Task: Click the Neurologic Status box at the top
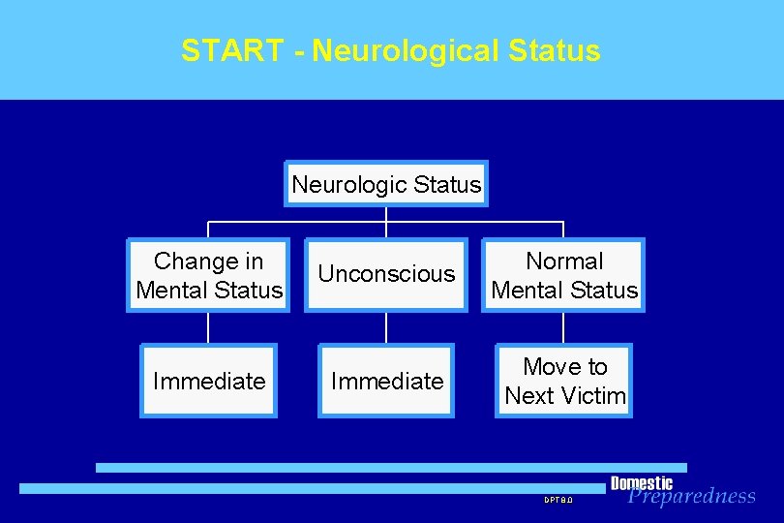click(386, 184)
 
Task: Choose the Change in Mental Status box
click(209, 275)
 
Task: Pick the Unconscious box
click(386, 275)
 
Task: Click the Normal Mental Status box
click(564, 275)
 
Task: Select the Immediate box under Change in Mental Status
click(209, 381)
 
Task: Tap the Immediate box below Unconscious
click(386, 381)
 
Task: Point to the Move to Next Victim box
click(564, 381)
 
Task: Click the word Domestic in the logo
click(641, 483)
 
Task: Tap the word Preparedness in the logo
click(691, 497)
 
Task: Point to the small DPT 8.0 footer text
click(558, 500)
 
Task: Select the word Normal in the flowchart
click(564, 261)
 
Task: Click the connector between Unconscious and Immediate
click(386, 328)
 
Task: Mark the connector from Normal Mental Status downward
click(564, 328)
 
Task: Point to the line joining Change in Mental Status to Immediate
click(209, 328)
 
